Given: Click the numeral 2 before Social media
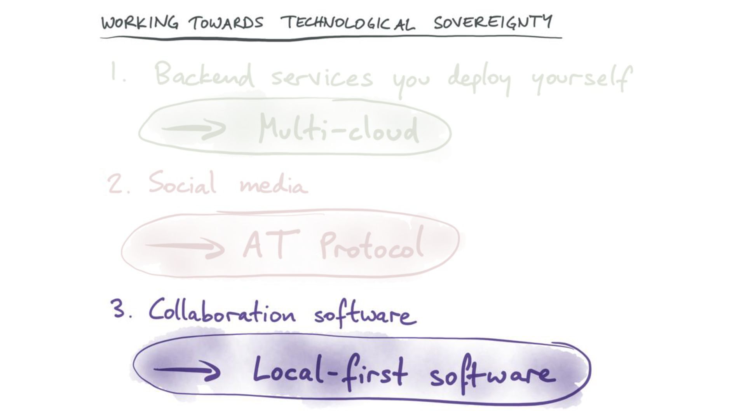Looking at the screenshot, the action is click(x=115, y=184).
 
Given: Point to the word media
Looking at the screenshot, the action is click(x=274, y=184).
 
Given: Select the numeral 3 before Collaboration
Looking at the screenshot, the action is click(x=117, y=309).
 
